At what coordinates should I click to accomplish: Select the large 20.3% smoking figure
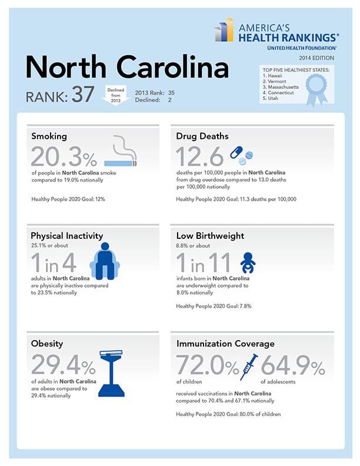coord(64,157)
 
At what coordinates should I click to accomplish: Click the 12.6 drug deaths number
coord(199,157)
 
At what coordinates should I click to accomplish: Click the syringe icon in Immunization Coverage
coord(251,367)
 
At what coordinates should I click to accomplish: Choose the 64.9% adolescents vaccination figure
coord(292,367)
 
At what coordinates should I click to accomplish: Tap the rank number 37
coord(82,96)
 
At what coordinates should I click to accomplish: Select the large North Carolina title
coord(126,68)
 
